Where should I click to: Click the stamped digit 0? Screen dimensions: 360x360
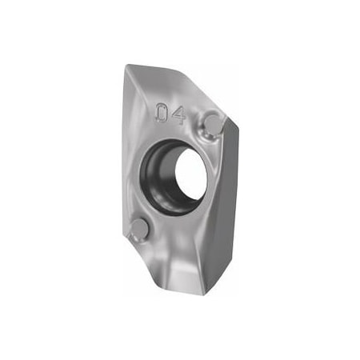tap(161, 113)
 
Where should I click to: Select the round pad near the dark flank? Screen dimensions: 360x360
tap(214, 124)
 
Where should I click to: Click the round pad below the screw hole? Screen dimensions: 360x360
tap(139, 229)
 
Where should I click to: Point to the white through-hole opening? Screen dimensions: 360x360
tap(191, 174)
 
